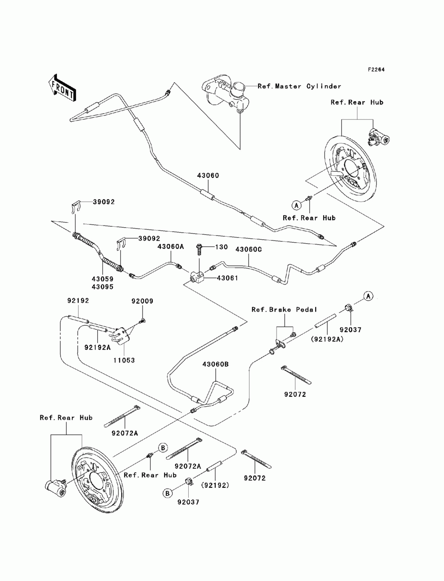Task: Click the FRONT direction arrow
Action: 62,87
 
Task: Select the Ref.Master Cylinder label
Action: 299,86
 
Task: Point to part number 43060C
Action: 248,249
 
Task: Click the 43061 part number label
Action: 227,278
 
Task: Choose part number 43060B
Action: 215,364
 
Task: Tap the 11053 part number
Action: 123,360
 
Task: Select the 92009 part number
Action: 142,301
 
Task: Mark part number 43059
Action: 103,279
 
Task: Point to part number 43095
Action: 103,287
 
